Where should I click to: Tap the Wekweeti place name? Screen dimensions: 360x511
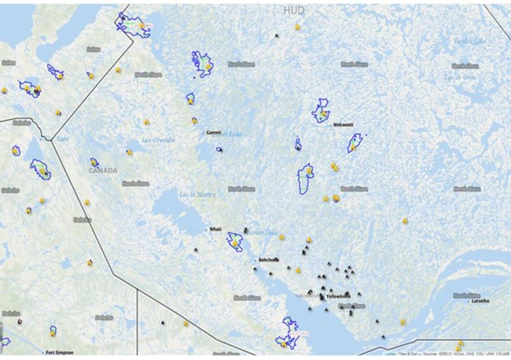(x=343, y=124)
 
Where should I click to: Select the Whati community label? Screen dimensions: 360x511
(x=215, y=229)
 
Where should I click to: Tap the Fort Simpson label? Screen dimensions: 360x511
(x=60, y=353)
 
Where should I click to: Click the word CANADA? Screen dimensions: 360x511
(x=103, y=171)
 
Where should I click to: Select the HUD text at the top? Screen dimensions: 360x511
(x=294, y=11)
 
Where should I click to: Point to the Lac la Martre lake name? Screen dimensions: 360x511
(x=196, y=194)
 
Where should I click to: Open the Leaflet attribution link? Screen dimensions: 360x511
(x=390, y=353)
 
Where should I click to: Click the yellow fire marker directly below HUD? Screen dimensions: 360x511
(x=297, y=27)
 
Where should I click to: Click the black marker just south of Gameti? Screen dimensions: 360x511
(x=219, y=149)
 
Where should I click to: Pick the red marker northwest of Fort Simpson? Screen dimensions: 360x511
(x=19, y=321)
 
